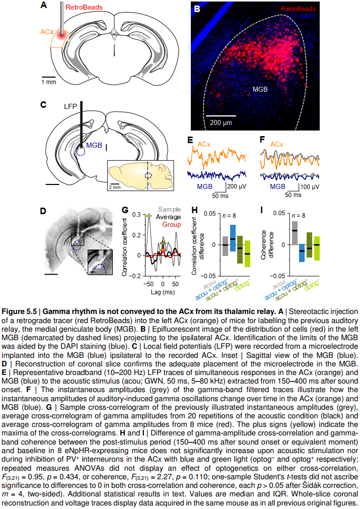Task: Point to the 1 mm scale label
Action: click(x=49, y=81)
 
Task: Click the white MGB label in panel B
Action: click(x=260, y=89)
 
